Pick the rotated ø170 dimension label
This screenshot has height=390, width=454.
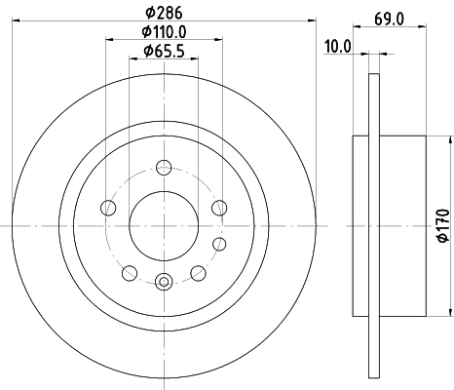443,222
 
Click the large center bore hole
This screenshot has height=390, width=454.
164,225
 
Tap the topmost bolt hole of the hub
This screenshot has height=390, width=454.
164,166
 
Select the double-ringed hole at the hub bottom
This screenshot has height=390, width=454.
164,284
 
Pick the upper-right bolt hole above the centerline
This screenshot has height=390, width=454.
220,207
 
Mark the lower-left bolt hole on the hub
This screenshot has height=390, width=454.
129,272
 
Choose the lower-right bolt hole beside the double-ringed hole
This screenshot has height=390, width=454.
199,272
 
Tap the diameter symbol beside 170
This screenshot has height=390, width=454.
443,237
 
